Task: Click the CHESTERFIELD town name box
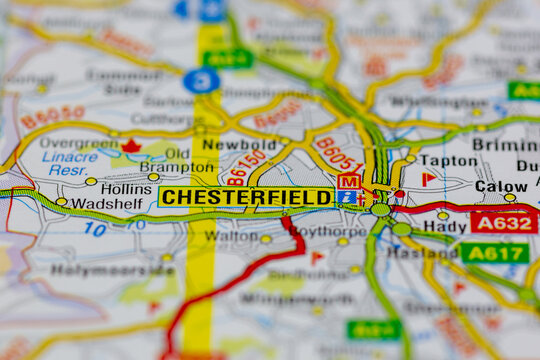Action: pos(246,197)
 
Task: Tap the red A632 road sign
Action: pos(503,222)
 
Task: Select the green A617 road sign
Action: pos(494,253)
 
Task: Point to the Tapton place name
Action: pos(448,160)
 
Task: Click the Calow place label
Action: pos(500,186)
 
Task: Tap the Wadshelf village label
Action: pos(105,203)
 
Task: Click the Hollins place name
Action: pos(126,188)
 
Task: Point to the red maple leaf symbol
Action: pos(131,146)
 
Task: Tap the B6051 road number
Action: pos(338,155)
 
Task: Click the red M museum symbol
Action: pos(348,181)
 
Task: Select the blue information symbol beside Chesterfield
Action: pos(346,198)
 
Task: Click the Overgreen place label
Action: pos(78,144)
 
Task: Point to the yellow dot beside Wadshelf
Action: pos(62,202)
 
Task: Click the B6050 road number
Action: pos(53,118)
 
